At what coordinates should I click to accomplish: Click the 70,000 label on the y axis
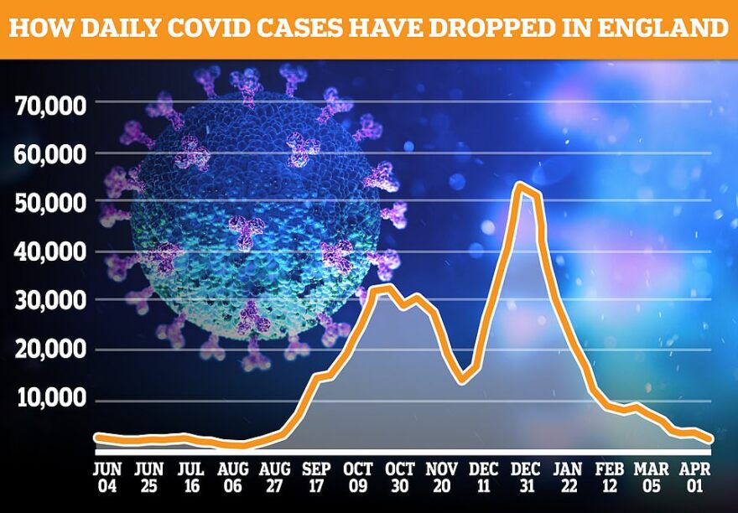(x=51, y=106)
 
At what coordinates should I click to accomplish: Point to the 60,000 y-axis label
(x=51, y=155)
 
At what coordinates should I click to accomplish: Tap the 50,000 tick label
(x=51, y=204)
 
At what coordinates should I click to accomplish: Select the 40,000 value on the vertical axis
(x=51, y=252)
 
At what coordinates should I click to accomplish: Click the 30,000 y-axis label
(x=51, y=301)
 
